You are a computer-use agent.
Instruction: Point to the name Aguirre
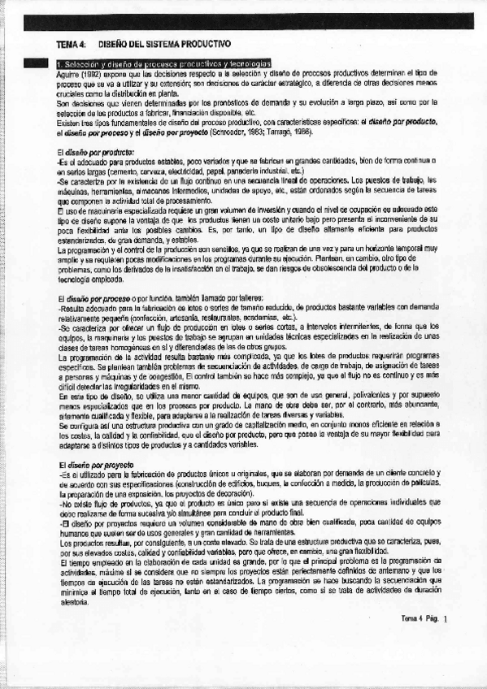click(69, 74)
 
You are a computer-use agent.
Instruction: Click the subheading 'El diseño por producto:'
click(96, 152)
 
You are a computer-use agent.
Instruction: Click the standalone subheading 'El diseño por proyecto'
click(95, 464)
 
